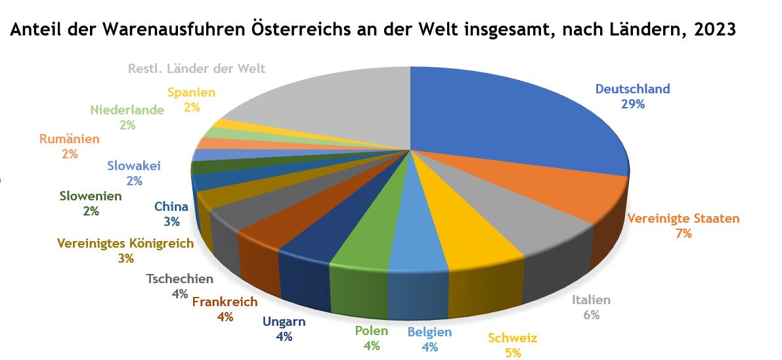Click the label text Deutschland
tap(632, 89)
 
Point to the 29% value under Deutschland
tap(632, 104)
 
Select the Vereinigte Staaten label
tap(683, 219)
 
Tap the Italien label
tap(591, 300)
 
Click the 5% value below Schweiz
tap(513, 353)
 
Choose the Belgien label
tap(429, 332)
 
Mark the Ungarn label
tap(284, 322)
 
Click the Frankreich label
tap(225, 302)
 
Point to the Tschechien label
tap(179, 279)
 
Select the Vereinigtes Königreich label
tap(125, 244)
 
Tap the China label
tap(171, 207)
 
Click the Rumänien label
tap(69, 139)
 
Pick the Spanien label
tap(191, 93)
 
